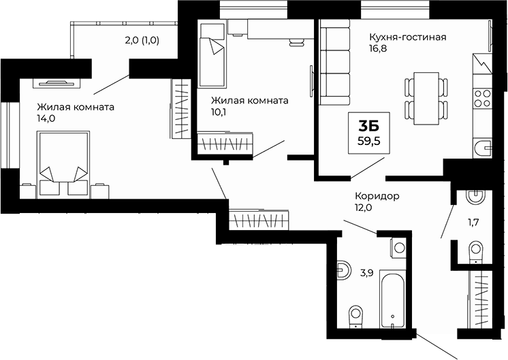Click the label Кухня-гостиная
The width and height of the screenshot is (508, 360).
pyautogui.click(x=407, y=37)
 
